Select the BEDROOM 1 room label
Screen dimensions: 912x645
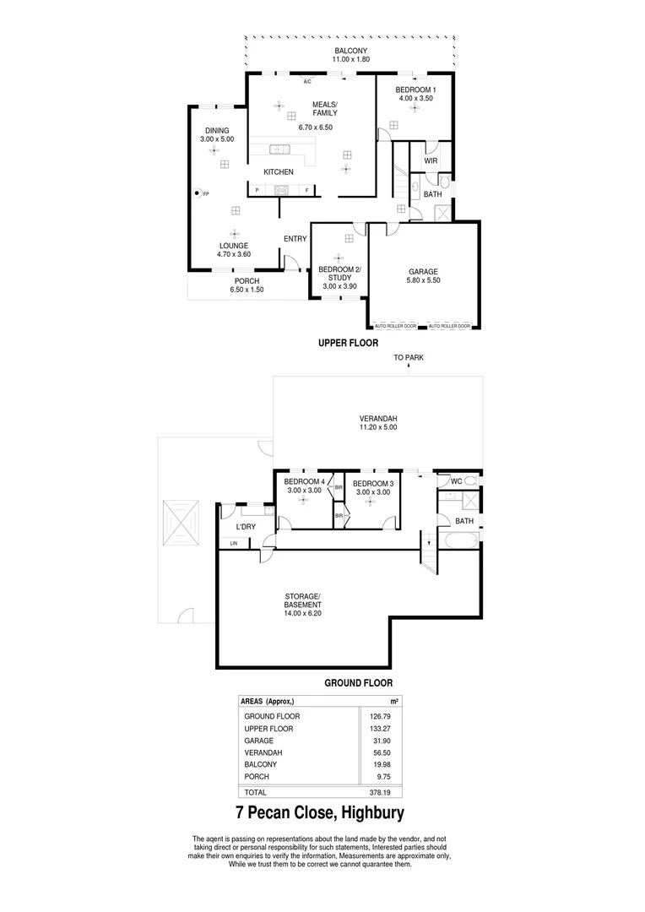point(416,89)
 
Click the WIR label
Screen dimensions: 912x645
point(431,160)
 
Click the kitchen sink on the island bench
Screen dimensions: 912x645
point(279,150)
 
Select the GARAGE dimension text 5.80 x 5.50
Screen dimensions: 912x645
point(424,280)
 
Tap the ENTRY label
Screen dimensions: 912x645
point(295,239)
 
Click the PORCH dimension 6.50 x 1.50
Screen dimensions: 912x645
point(247,290)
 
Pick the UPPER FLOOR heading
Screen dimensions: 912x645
point(348,344)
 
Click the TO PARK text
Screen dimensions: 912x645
point(409,357)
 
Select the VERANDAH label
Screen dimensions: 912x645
point(378,418)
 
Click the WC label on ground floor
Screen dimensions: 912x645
point(456,481)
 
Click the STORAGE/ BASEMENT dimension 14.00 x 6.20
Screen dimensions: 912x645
point(302,613)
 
